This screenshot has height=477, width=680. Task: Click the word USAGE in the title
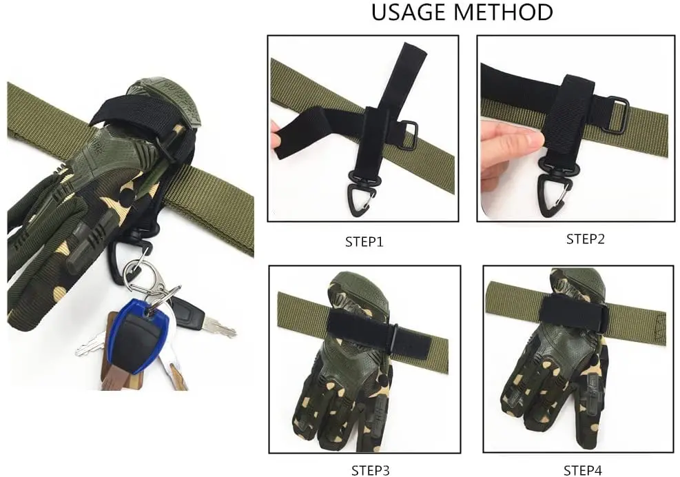click(409, 12)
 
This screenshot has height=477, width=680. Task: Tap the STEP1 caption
click(364, 242)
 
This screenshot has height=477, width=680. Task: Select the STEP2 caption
click(585, 239)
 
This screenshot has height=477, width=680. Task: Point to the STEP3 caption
click(371, 471)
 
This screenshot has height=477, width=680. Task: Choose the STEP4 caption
click(582, 471)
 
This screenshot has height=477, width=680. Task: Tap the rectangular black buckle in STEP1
click(408, 135)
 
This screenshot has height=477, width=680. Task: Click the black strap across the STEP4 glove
click(573, 311)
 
